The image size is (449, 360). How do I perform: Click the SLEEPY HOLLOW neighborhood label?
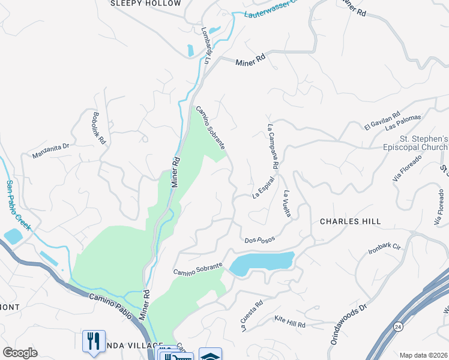point(146,4)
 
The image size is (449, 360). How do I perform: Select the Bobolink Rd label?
point(99,128)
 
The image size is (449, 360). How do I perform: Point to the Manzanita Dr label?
point(52,151)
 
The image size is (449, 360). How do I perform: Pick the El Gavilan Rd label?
point(382,121)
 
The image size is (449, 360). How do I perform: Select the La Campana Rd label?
point(273,146)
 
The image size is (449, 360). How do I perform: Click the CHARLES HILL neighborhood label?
point(350,221)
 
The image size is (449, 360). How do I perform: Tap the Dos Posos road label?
point(260,239)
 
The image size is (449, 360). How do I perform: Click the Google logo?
point(20,353)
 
